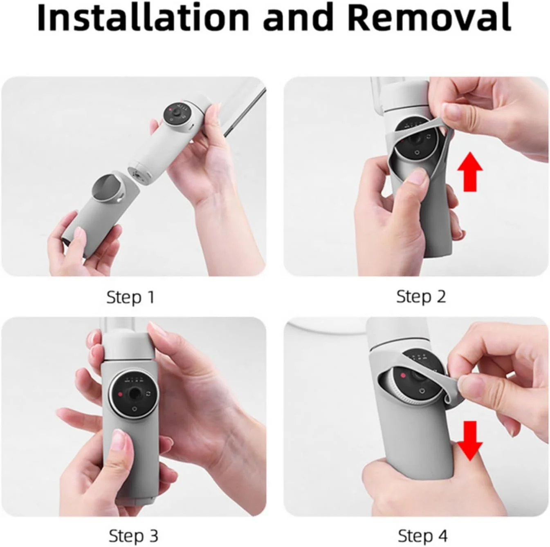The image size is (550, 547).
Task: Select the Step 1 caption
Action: coord(130,297)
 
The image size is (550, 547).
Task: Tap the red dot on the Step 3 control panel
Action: coord(120,395)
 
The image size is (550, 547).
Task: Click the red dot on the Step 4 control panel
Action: coord(403,375)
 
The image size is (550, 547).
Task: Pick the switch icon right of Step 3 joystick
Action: coord(148,394)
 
